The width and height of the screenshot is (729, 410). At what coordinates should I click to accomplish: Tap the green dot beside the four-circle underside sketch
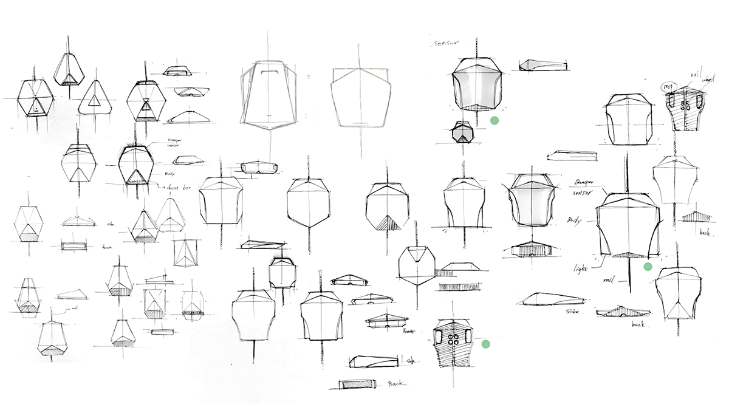pos(485,344)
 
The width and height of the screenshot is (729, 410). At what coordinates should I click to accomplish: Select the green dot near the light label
pos(648,266)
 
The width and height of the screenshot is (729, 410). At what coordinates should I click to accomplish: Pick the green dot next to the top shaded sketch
pos(495,121)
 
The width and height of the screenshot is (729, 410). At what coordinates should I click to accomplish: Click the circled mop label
pos(669,86)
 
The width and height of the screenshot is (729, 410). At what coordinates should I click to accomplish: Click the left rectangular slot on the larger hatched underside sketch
pos(439,335)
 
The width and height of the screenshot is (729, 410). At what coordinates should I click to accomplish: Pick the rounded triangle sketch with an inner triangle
pos(95,99)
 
